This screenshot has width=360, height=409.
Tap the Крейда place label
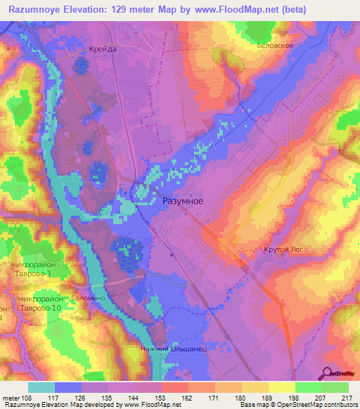(x=103, y=49)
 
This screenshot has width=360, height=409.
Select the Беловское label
(x=293, y=44)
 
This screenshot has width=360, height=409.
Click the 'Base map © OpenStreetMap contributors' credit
(x=297, y=405)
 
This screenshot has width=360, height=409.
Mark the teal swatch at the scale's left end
(x=41, y=387)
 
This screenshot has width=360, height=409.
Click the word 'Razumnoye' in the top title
(x=36, y=8)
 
